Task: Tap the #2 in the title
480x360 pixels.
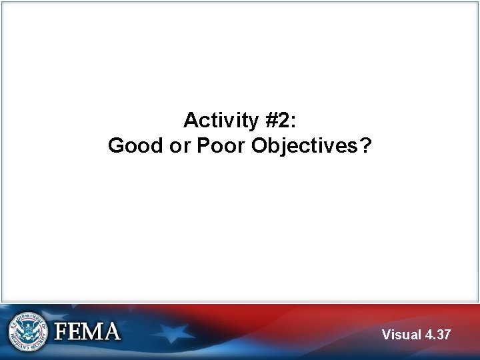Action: click(277, 121)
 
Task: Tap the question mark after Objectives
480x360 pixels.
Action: click(365, 146)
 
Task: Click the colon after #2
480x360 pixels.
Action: click(295, 121)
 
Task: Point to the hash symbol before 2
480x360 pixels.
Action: click(270, 121)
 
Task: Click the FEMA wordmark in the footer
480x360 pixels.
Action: click(87, 331)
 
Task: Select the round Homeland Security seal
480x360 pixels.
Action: click(28, 331)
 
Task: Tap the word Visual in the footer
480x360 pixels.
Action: click(401, 335)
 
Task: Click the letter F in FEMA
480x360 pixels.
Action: click(61, 331)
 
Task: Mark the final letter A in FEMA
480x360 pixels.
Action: click(111, 331)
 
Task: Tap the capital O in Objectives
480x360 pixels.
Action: click(259, 146)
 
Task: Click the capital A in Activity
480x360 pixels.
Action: click(191, 121)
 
